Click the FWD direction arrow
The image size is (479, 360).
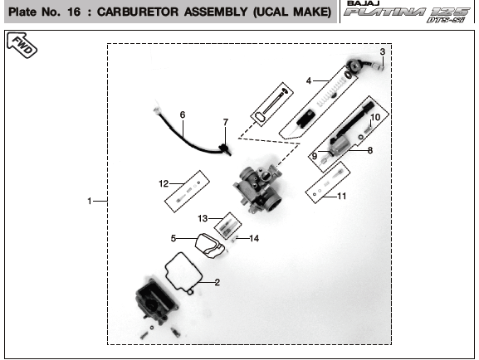(22, 45)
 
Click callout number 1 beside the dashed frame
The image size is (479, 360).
(89, 201)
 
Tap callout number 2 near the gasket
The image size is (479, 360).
(217, 282)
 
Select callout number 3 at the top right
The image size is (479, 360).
(383, 52)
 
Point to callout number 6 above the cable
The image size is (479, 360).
(183, 114)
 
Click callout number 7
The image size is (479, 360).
(226, 122)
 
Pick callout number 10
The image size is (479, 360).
(375, 117)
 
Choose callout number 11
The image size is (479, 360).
(342, 196)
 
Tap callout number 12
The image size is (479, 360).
(164, 183)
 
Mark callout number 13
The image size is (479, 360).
(203, 218)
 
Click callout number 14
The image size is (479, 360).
(254, 238)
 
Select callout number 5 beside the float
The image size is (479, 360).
(174, 238)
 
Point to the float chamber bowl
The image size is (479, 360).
(156, 301)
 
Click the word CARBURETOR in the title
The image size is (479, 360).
(138, 12)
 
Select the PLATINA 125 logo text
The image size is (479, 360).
(406, 12)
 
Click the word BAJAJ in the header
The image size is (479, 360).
(364, 3)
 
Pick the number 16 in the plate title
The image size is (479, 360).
(74, 12)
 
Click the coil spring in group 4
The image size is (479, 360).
(332, 90)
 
